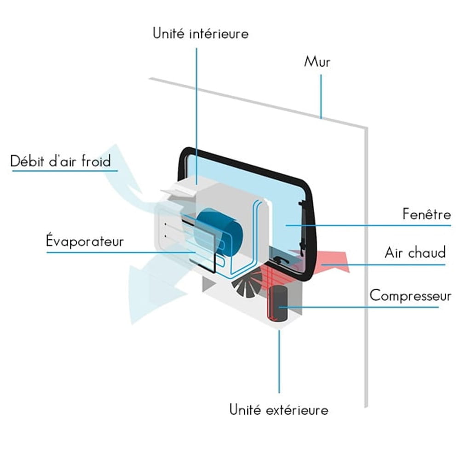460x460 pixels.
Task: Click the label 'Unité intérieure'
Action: (201, 34)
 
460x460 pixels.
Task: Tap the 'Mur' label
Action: (317, 62)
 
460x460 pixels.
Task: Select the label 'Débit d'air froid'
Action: (61, 161)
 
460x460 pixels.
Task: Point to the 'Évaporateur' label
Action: (85, 241)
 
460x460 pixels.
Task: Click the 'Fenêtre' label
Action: (426, 214)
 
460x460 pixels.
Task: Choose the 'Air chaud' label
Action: (415, 253)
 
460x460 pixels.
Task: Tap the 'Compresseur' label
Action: (410, 295)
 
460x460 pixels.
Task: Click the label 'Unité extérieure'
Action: (279, 409)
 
